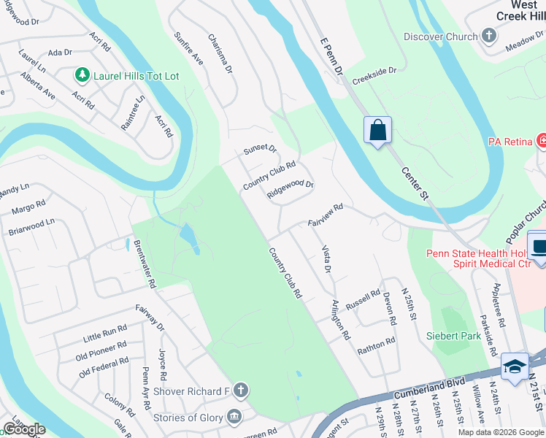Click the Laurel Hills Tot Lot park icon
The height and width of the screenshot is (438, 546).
click(x=82, y=74)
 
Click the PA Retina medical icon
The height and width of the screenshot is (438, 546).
click(x=542, y=139)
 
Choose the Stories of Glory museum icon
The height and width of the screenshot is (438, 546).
click(x=234, y=418)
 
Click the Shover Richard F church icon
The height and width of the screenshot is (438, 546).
click(x=240, y=391)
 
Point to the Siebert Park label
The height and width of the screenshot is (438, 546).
click(x=454, y=336)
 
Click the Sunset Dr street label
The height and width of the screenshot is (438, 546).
click(x=261, y=150)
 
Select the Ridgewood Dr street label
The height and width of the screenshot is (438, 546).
click(x=290, y=190)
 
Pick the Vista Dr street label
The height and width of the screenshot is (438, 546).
click(x=327, y=259)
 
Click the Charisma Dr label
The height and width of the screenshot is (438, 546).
click(x=220, y=54)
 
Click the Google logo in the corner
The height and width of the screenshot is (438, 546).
click(x=24, y=429)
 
